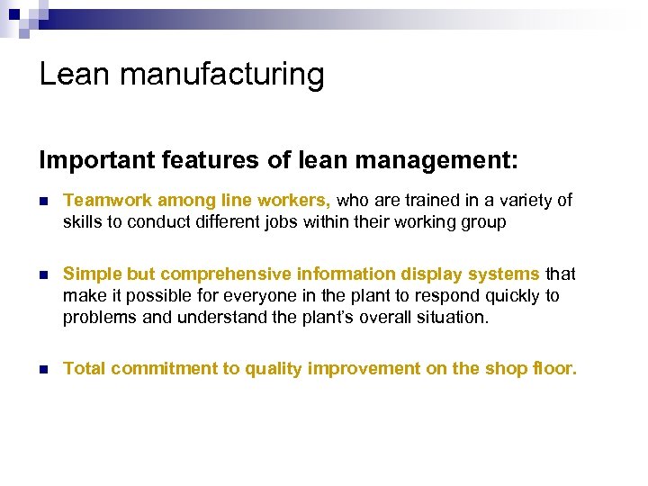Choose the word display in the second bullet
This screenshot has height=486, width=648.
click(x=441, y=274)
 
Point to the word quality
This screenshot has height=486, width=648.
click(x=259, y=368)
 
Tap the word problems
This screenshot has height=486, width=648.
click(x=99, y=318)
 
